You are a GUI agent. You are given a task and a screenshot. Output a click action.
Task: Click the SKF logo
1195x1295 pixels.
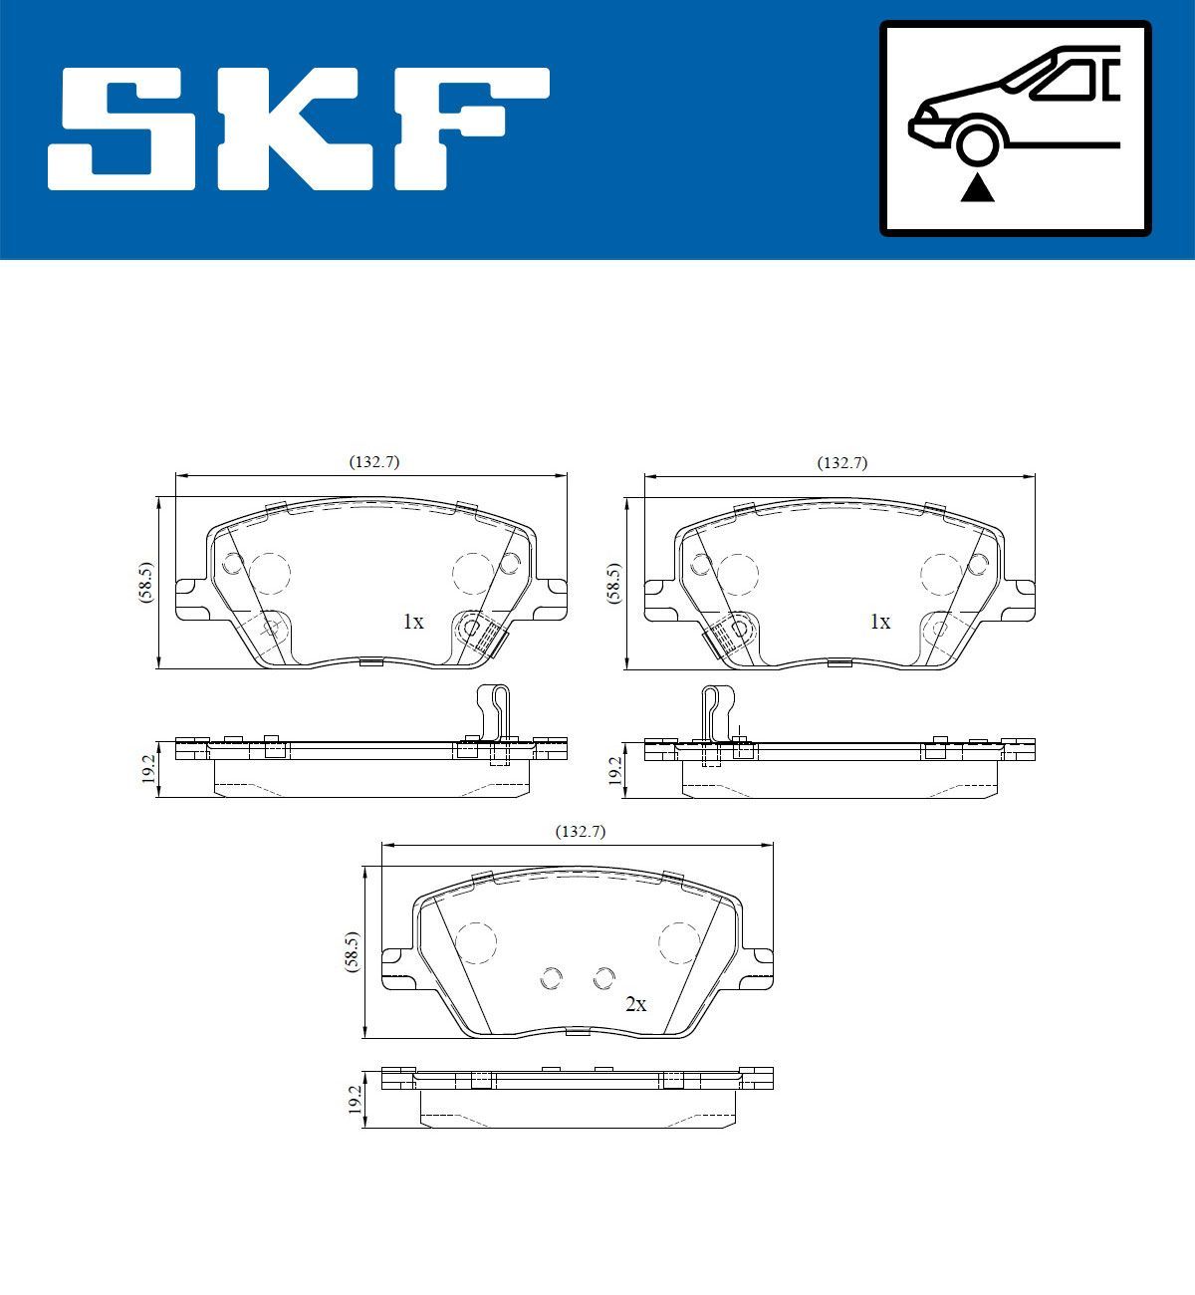(299, 129)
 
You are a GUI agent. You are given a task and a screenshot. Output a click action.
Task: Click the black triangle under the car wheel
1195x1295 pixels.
(977, 188)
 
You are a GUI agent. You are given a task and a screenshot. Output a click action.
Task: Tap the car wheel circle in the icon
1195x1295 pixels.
(977, 141)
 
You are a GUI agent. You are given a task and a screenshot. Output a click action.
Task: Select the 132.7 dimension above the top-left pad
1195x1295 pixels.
(373, 462)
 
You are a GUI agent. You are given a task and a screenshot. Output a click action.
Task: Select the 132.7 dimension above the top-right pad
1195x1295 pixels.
(842, 462)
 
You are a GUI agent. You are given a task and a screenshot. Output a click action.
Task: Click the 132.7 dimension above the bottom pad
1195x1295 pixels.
(581, 831)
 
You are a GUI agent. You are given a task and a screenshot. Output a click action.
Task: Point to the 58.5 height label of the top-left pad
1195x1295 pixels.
(146, 584)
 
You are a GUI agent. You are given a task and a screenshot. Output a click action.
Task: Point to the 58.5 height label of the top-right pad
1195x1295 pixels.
(614, 584)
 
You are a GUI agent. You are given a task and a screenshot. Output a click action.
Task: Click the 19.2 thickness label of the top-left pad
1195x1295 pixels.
(148, 769)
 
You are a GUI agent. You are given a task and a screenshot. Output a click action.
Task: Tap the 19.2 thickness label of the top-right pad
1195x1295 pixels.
(615, 769)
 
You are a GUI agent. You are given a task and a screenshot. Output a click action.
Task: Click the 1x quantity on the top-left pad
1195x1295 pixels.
(413, 622)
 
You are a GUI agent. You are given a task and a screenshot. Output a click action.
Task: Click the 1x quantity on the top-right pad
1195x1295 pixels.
(880, 622)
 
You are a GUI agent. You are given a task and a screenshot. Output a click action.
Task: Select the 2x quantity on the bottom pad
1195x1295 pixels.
(635, 1004)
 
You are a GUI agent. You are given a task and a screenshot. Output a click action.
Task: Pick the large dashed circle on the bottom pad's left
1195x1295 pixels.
(475, 941)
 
